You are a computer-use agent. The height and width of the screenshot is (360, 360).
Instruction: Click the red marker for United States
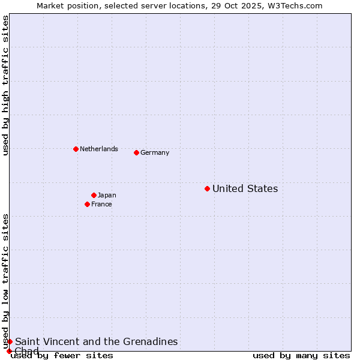click(x=207, y=189)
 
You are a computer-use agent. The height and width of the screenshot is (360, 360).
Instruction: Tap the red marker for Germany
click(x=136, y=152)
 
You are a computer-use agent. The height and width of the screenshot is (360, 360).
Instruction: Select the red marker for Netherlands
click(x=76, y=149)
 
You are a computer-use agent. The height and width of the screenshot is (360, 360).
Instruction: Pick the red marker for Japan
click(x=94, y=195)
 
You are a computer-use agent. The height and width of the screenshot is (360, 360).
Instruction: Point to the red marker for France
click(x=87, y=204)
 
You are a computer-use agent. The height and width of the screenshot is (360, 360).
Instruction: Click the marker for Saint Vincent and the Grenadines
click(x=10, y=341)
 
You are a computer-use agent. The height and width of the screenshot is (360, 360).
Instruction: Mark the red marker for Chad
click(x=9, y=351)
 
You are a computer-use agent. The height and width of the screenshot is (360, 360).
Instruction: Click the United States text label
click(x=245, y=189)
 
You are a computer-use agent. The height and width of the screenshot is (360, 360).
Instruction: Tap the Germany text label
click(x=155, y=152)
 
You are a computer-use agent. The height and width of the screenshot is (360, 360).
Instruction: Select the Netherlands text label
click(x=99, y=149)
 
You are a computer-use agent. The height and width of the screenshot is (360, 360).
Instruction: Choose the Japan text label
click(x=107, y=195)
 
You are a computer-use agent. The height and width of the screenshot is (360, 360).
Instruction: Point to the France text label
click(x=101, y=204)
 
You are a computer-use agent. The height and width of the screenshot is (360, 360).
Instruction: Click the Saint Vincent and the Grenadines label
click(x=96, y=341)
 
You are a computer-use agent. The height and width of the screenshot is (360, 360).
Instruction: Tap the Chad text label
click(x=26, y=351)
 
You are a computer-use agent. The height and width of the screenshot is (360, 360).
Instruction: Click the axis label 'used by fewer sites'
click(x=62, y=356)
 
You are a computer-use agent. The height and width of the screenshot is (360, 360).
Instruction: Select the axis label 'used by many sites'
click(x=301, y=356)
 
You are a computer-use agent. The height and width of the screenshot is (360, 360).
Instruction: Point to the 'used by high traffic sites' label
click(x=5, y=85)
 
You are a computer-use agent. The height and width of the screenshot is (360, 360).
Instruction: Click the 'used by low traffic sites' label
click(x=5, y=281)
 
